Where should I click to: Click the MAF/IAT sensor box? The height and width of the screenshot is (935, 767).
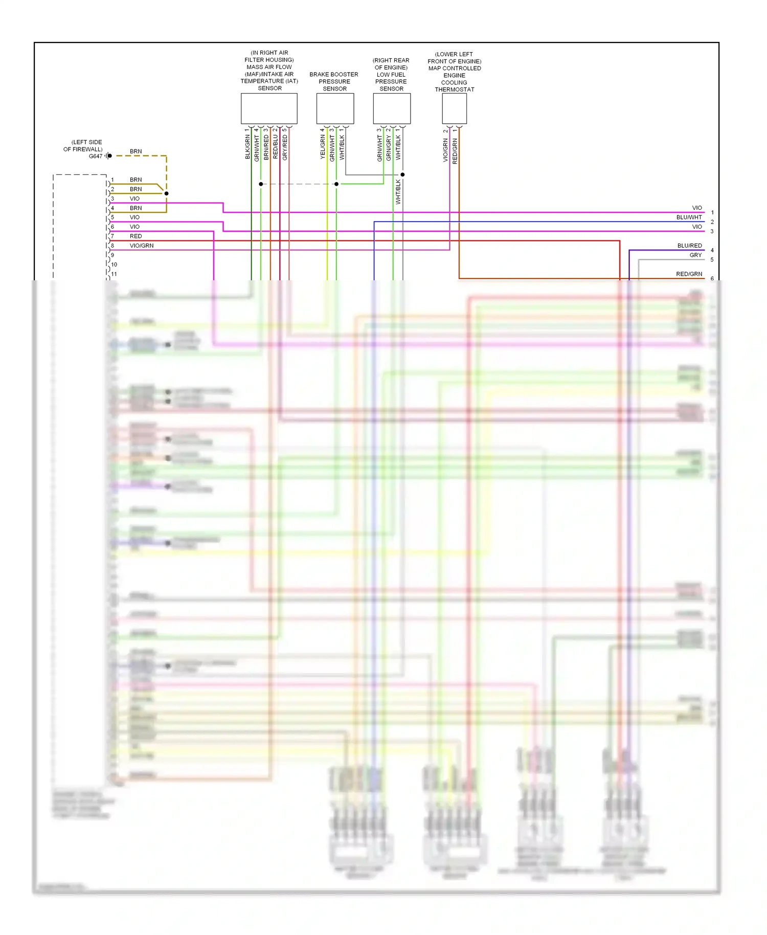tap(269, 108)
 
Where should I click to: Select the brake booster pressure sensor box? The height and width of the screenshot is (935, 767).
tap(335, 108)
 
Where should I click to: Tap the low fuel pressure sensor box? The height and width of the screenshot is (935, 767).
tap(392, 108)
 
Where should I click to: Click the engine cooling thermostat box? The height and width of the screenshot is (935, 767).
tap(454, 108)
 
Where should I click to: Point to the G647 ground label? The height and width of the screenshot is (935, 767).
tap(95, 156)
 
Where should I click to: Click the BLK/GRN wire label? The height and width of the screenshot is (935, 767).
tap(247, 147)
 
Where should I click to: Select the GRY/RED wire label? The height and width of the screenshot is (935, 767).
tap(285, 147)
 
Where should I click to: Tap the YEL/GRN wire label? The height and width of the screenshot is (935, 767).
tap(323, 147)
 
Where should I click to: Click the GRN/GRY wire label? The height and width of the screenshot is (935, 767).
tap(389, 148)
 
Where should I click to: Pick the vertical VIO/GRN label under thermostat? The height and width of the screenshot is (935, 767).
tap(445, 150)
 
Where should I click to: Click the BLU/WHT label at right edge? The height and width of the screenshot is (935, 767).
tap(689, 217)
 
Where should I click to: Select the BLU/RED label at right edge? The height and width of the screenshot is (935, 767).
tap(689, 246)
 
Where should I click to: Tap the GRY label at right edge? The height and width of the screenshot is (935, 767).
tap(695, 255)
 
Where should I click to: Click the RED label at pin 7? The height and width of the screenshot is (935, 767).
tap(136, 236)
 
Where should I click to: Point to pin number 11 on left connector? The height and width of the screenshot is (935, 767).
tap(114, 274)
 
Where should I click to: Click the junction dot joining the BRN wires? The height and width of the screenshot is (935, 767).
tap(167, 193)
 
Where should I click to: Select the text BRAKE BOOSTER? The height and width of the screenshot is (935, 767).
tap(333, 75)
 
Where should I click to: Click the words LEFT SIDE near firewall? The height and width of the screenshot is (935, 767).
tap(87, 142)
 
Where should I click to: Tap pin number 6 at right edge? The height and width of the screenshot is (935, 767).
tap(712, 279)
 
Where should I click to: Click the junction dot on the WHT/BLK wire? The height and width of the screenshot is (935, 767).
tap(402, 174)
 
